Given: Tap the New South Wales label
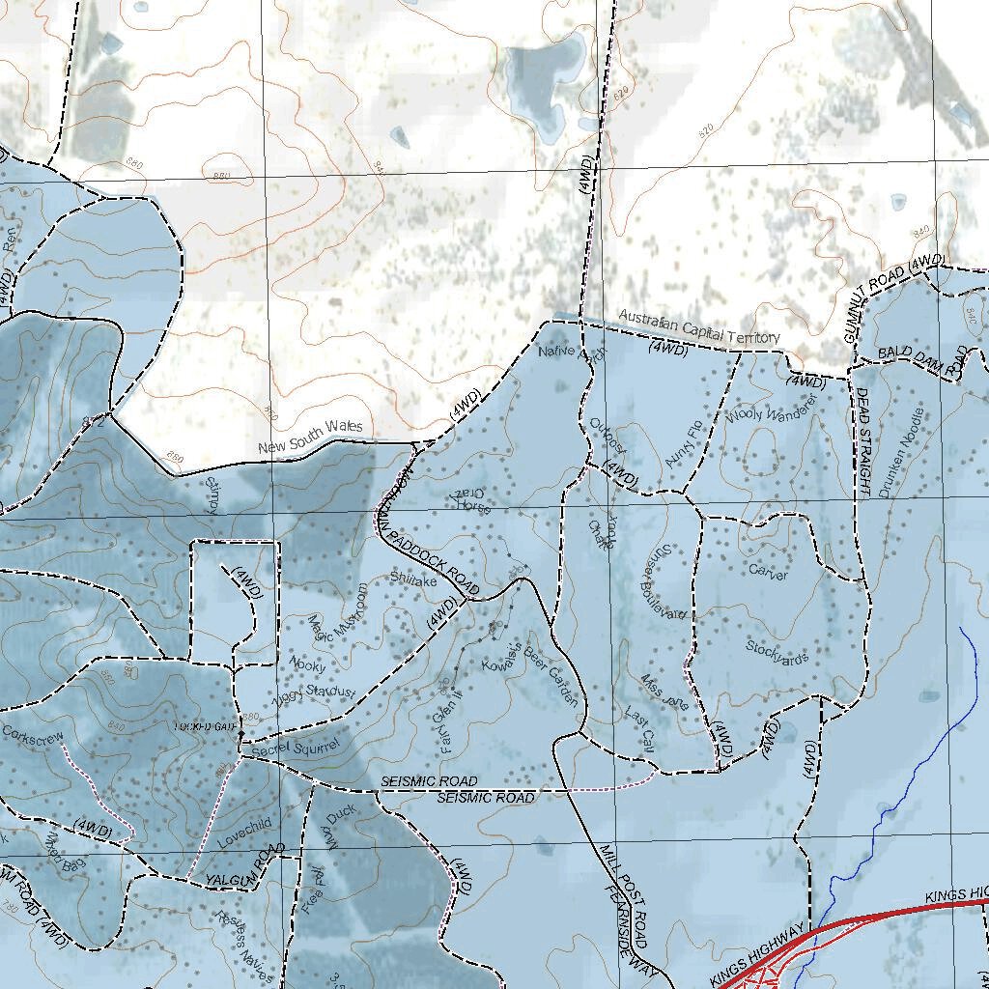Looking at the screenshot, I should pos(310,438).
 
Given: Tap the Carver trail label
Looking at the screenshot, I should pos(768,572).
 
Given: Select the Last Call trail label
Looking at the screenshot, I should pos(640,727).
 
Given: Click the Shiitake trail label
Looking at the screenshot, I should pos(413,580).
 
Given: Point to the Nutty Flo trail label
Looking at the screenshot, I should pos(682,443).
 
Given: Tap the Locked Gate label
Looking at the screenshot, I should pos(205,726).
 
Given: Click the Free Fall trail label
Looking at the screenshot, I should pos(312,891).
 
